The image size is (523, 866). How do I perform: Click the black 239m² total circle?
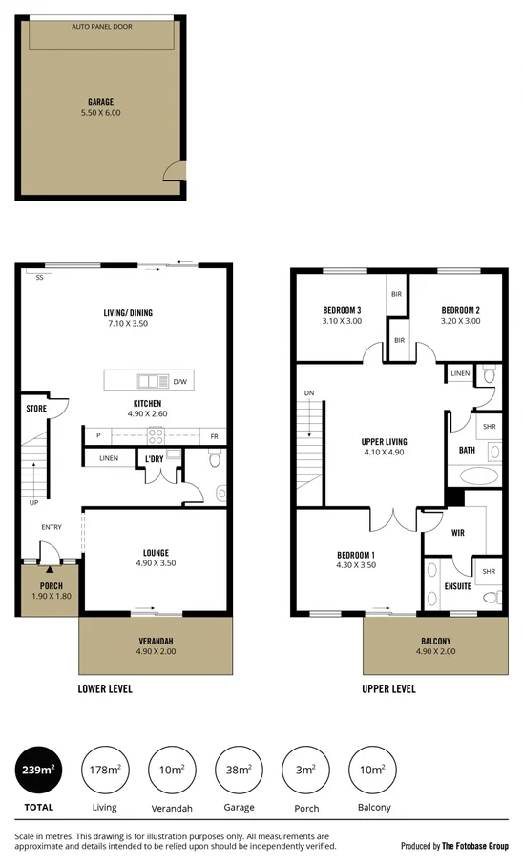[x=38, y=771]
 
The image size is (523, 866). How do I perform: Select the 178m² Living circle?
[x=104, y=771]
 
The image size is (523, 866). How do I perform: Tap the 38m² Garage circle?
[x=239, y=771]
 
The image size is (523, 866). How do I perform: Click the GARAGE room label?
[x=101, y=101]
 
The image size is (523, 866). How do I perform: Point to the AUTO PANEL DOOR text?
[x=101, y=27]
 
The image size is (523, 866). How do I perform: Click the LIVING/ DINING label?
[x=128, y=313]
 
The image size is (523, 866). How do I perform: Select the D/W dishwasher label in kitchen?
[x=179, y=382]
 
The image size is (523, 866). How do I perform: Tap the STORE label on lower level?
[x=36, y=409]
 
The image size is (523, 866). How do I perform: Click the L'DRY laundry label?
[x=155, y=459]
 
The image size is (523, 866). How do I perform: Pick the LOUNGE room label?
[x=156, y=553]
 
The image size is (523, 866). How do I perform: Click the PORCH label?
[x=51, y=586]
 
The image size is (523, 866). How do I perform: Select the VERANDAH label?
[x=156, y=641]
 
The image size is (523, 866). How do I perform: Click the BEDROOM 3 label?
[x=341, y=310]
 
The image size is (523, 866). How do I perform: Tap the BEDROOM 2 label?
[x=459, y=310]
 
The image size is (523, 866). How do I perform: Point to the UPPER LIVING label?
[x=385, y=442]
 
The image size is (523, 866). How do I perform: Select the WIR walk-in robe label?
[x=457, y=533]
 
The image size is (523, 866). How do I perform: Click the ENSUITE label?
[x=457, y=586]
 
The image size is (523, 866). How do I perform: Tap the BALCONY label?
[x=436, y=641]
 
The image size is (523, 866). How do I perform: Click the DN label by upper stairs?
[x=308, y=393]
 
